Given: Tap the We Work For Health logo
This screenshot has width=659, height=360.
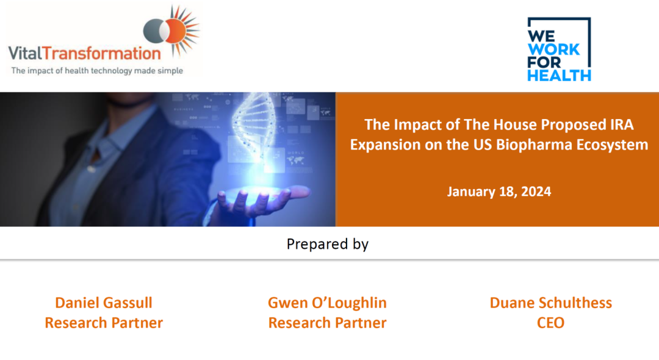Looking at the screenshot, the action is [x=559, y=49].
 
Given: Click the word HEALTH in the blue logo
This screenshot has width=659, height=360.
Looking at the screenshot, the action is [x=559, y=76].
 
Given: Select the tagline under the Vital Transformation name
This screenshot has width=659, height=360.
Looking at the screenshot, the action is [x=97, y=71].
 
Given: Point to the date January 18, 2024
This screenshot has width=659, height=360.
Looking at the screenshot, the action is [x=499, y=192].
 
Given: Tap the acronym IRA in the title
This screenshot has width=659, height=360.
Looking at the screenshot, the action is [x=621, y=124].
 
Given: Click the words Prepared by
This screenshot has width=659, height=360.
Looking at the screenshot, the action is [x=328, y=244].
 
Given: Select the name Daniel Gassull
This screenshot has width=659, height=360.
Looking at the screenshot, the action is [x=103, y=303].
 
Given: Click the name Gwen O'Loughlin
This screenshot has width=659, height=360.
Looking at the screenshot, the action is [x=327, y=303].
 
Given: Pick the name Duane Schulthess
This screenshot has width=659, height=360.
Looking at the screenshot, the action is [x=550, y=303].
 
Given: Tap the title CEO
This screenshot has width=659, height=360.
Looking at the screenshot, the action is [x=550, y=323].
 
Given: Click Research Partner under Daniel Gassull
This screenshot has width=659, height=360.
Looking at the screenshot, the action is [x=103, y=323].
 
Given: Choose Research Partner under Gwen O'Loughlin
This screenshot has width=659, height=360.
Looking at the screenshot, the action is [x=327, y=323].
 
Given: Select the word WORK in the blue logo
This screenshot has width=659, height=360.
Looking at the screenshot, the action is [x=553, y=49].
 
